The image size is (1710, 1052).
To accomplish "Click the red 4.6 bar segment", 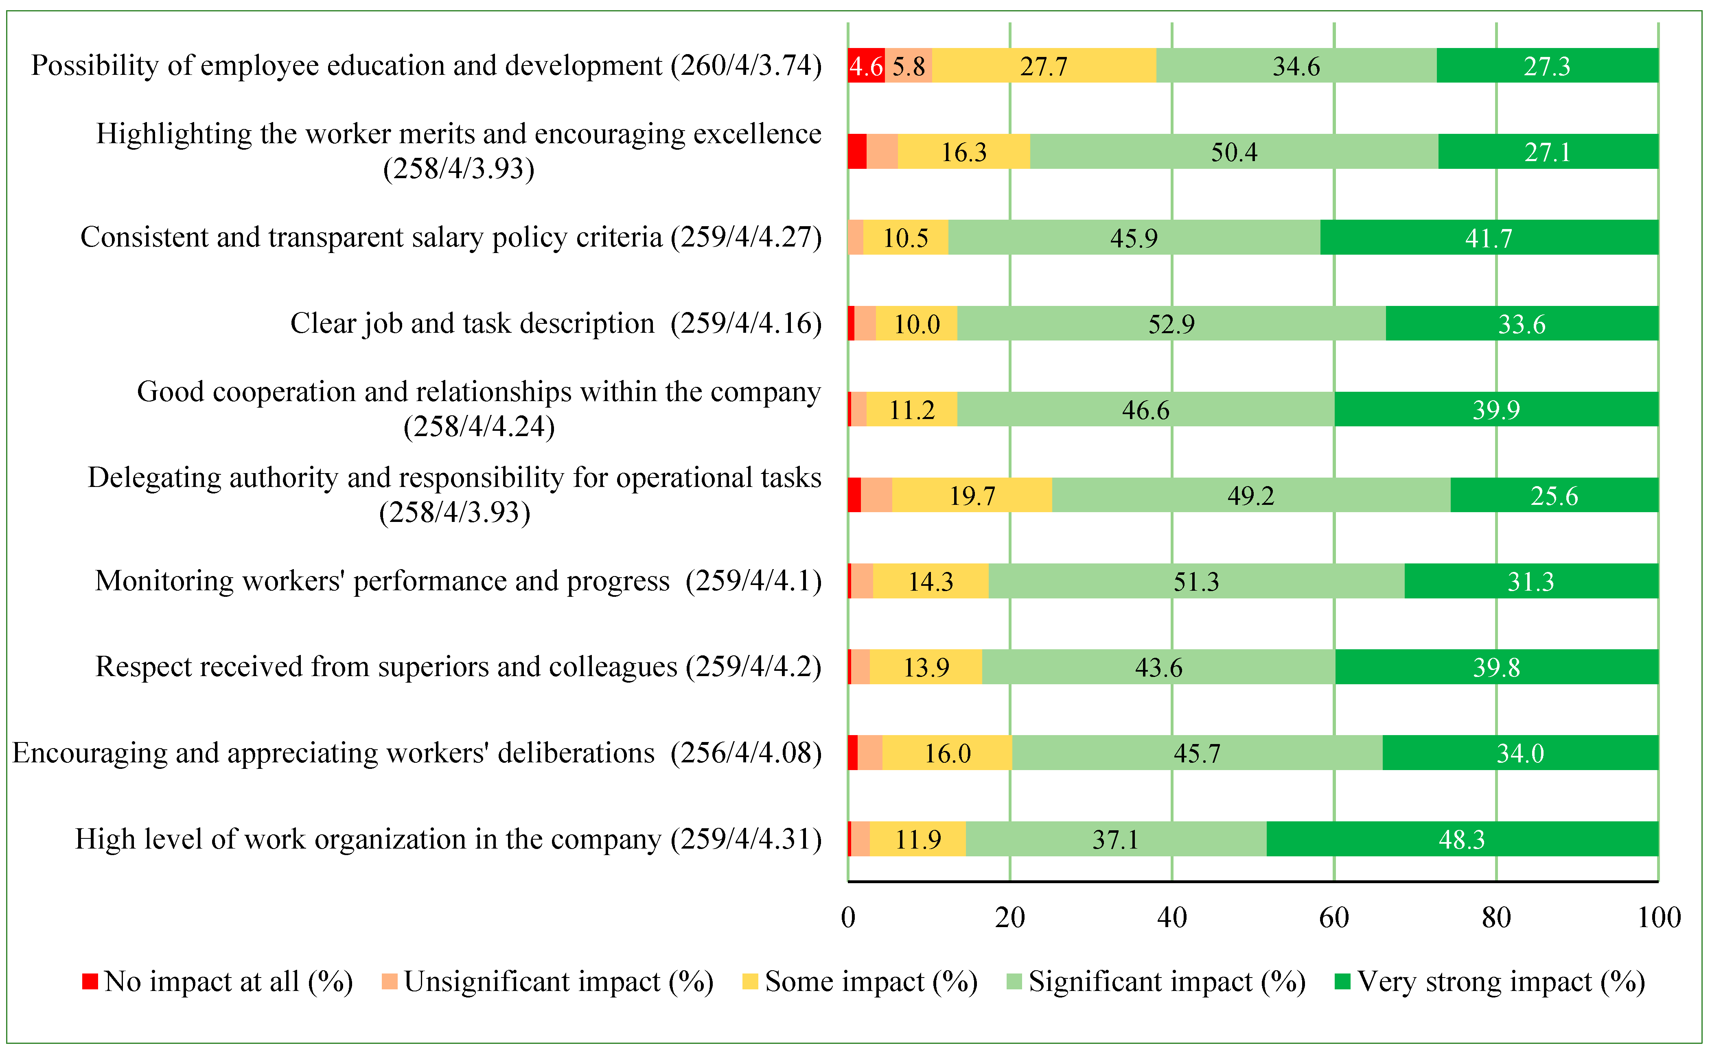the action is coord(866,65).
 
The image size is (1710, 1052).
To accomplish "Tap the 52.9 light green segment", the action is coord(1171,323).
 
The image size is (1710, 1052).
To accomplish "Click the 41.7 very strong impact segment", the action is coord(1489,237).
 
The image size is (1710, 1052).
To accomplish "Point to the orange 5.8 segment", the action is coord(908,65).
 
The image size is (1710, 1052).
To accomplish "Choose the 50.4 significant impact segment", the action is coord(1234,151).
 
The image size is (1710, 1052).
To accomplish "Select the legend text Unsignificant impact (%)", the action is coord(559,982).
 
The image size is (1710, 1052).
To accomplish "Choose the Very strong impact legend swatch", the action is coord(1342,981).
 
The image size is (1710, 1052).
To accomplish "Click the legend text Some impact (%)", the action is coord(871,982).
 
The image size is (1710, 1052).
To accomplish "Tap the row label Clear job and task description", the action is coord(473,323).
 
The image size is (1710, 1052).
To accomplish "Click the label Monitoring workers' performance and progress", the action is coord(383,581).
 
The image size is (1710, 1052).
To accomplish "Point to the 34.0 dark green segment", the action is coord(1521,753).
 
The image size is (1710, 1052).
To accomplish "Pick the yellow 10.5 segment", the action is coord(905,237).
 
